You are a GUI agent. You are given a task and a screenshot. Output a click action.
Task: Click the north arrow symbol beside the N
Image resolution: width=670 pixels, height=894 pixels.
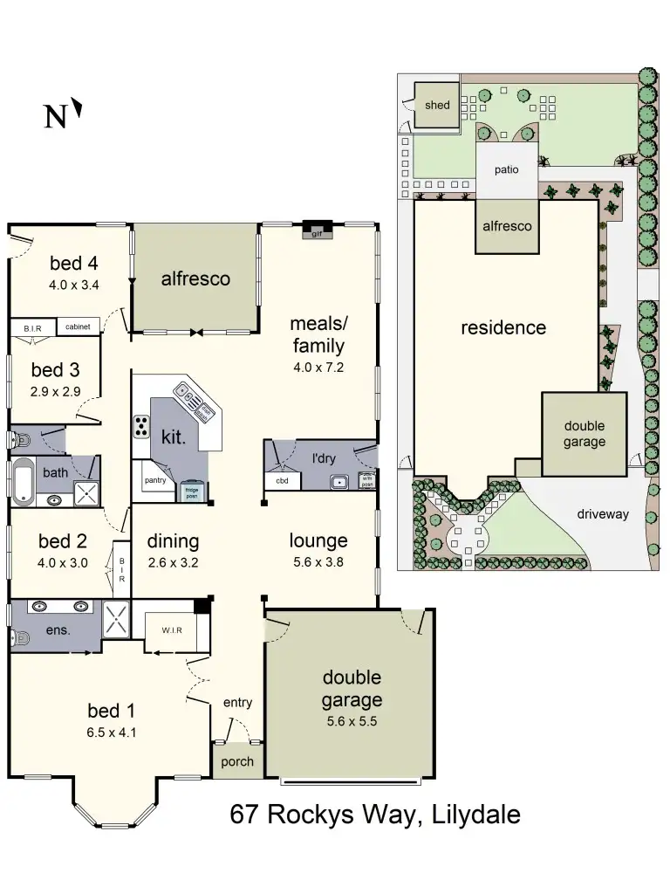tap(78, 108)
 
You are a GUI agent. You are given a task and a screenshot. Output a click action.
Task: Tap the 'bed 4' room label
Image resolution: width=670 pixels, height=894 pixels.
tap(73, 263)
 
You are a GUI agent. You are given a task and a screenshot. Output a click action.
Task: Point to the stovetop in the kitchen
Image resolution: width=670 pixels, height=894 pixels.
tap(140, 426)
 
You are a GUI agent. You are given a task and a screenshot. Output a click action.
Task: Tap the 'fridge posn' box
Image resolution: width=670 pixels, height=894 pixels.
tap(192, 492)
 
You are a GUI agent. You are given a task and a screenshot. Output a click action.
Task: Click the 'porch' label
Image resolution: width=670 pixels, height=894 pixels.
tap(237, 761)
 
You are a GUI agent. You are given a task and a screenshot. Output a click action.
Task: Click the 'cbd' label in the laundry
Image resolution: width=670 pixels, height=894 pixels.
tap(282, 481)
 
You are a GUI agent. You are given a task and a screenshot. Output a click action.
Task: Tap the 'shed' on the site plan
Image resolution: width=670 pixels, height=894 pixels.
tap(437, 106)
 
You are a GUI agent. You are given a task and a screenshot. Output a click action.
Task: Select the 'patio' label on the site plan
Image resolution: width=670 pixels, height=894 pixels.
tap(506, 170)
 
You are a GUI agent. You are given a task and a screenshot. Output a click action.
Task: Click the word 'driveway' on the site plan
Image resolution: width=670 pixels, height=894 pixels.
tap(602, 514)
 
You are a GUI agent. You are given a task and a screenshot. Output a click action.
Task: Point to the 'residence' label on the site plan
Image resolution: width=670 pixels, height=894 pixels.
tap(503, 328)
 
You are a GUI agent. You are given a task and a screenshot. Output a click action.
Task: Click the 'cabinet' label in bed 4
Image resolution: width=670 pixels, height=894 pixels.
tap(78, 327)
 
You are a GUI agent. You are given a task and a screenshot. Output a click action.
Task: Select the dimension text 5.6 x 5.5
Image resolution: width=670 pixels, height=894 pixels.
tap(352, 721)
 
